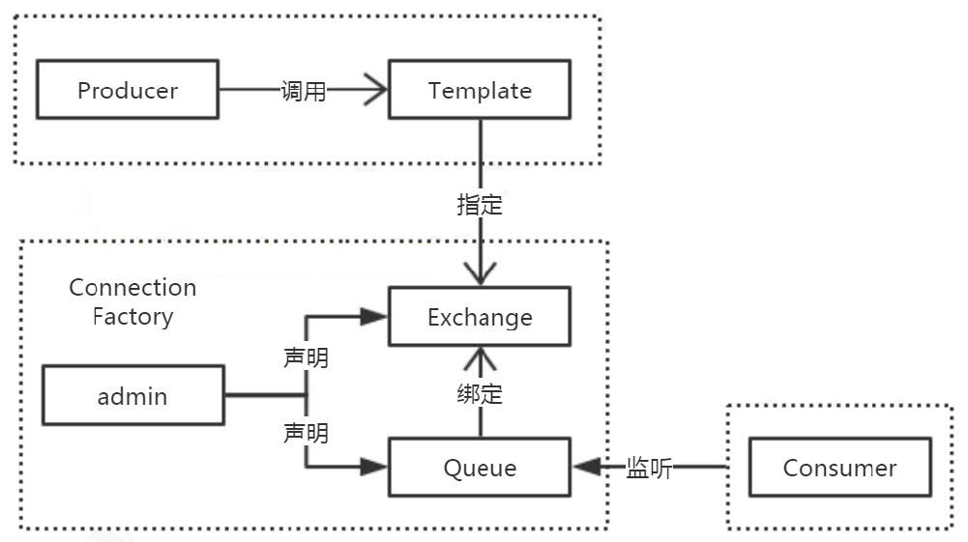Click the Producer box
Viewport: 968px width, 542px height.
point(127,91)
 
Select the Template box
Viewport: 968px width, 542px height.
point(480,91)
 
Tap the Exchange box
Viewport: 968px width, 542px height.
point(480,317)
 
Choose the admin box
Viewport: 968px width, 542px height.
point(132,395)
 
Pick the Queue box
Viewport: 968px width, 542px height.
point(480,469)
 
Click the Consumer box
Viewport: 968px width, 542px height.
point(839,469)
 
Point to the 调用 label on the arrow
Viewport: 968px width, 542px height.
point(304,92)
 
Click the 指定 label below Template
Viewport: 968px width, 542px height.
point(480,205)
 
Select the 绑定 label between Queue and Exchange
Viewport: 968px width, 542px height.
point(480,394)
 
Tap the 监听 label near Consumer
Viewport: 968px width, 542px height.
point(649,469)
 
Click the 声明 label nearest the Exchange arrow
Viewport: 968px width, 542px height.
point(306,358)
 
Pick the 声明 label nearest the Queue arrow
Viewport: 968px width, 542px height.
point(306,433)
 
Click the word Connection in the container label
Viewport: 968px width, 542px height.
point(132,288)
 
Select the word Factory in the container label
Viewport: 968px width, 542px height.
point(132,317)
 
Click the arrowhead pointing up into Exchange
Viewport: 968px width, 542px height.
point(480,360)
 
